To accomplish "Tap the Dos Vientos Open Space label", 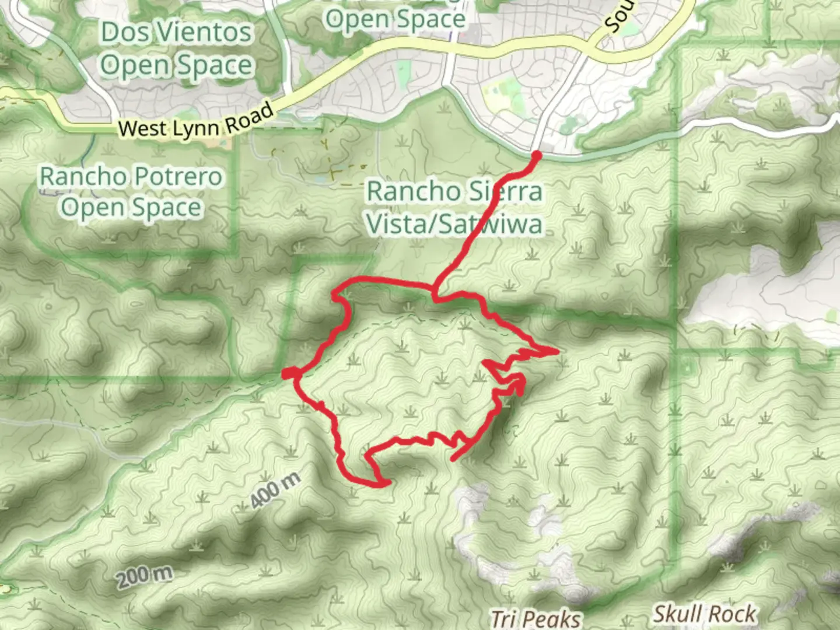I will [177, 48].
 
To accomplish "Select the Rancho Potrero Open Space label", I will [131, 192].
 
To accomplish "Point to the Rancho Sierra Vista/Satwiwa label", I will [454, 207].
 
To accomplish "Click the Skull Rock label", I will [704, 614].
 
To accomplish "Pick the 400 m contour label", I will [275, 490].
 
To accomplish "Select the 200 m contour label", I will [144, 577].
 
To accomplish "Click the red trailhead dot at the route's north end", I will [536, 155].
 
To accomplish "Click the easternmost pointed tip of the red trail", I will [558, 351].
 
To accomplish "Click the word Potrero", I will [177, 176].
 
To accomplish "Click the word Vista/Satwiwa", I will [454, 224].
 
